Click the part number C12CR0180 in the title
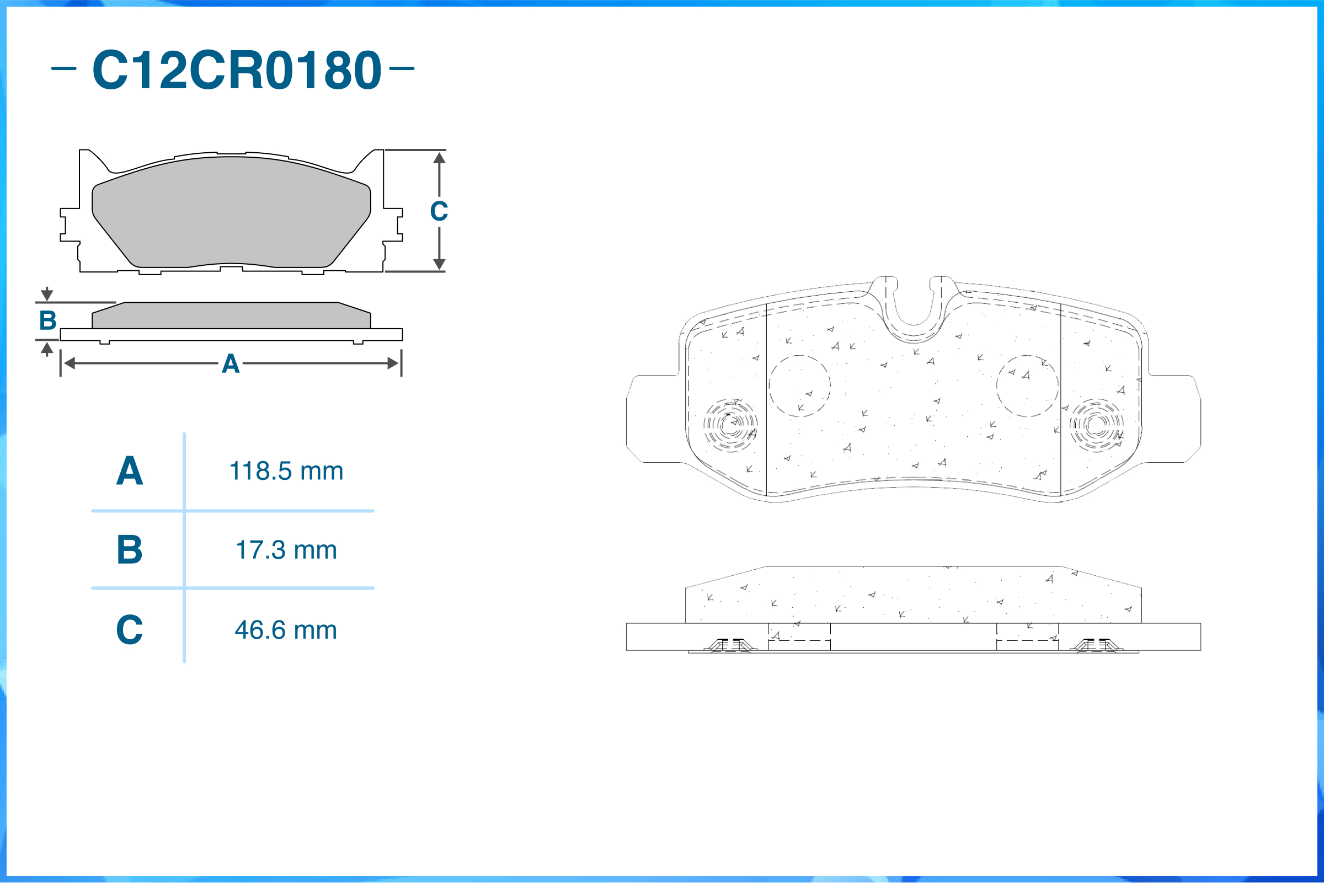(237, 70)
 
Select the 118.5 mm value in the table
(286, 471)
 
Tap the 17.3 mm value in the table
(286, 550)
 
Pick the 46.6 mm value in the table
(286, 630)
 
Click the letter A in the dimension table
(130, 471)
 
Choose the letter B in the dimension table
(130, 550)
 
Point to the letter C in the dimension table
(130, 630)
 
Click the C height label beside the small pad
(439, 211)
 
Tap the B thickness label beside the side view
(48, 320)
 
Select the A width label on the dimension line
(231, 364)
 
